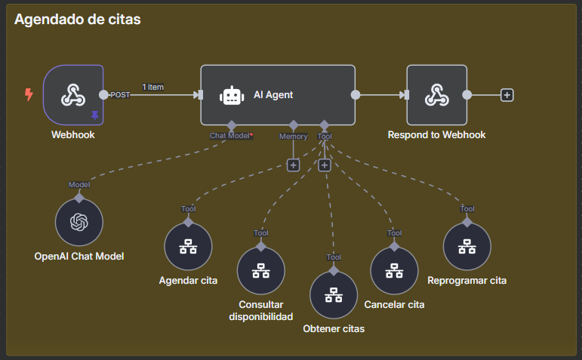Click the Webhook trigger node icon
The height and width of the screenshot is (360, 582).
73,94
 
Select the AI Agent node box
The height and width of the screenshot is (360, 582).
278,95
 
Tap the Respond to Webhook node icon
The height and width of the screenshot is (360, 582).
436,94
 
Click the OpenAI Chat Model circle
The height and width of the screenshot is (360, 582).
79,223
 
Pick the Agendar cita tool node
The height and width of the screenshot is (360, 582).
188,247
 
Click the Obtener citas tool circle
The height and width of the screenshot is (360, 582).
334,296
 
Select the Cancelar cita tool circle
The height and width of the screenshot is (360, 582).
394,271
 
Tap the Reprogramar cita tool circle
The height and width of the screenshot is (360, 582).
467,247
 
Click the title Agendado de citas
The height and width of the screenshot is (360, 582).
77,20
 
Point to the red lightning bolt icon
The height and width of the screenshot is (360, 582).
29,94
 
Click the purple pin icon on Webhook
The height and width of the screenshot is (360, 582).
95,115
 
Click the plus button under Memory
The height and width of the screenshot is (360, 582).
293,165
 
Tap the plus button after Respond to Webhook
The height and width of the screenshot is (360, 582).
507,95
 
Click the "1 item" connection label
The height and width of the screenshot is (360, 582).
152,87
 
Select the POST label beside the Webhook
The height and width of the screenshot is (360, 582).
121,95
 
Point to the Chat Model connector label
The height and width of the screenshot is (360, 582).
230,136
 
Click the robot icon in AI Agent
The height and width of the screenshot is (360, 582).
231,96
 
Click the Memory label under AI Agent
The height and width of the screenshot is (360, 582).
293,137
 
